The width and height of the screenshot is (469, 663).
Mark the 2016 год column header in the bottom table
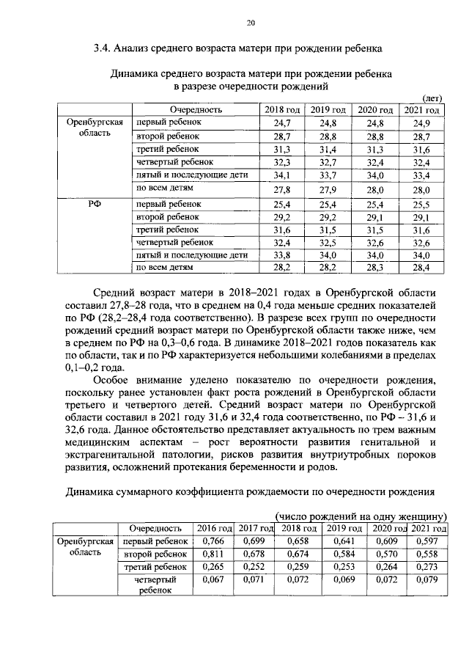214,528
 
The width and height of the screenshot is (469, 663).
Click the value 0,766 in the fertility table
214,541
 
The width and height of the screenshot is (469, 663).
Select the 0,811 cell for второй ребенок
214,554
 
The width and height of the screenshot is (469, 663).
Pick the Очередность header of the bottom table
155,528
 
